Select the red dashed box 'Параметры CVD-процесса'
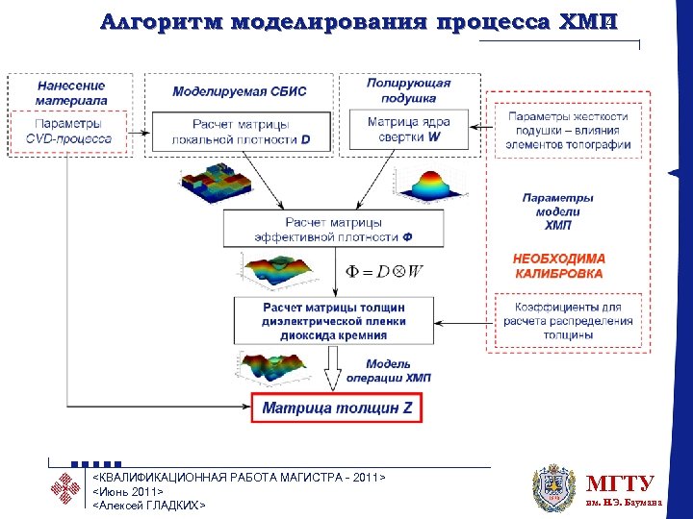(x=68, y=132)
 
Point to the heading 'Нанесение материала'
(x=70, y=92)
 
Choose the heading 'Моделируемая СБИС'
(x=240, y=92)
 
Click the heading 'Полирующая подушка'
(x=408, y=90)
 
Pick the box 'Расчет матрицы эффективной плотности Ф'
(x=333, y=229)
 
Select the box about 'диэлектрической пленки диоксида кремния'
(x=333, y=321)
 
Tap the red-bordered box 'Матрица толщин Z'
(x=337, y=408)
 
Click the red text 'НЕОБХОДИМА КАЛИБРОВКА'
(x=558, y=266)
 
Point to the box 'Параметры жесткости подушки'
(x=568, y=131)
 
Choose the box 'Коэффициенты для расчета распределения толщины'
(x=568, y=321)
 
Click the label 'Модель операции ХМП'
(x=388, y=371)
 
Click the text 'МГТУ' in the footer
(x=621, y=483)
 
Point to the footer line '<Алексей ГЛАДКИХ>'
(x=148, y=504)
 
